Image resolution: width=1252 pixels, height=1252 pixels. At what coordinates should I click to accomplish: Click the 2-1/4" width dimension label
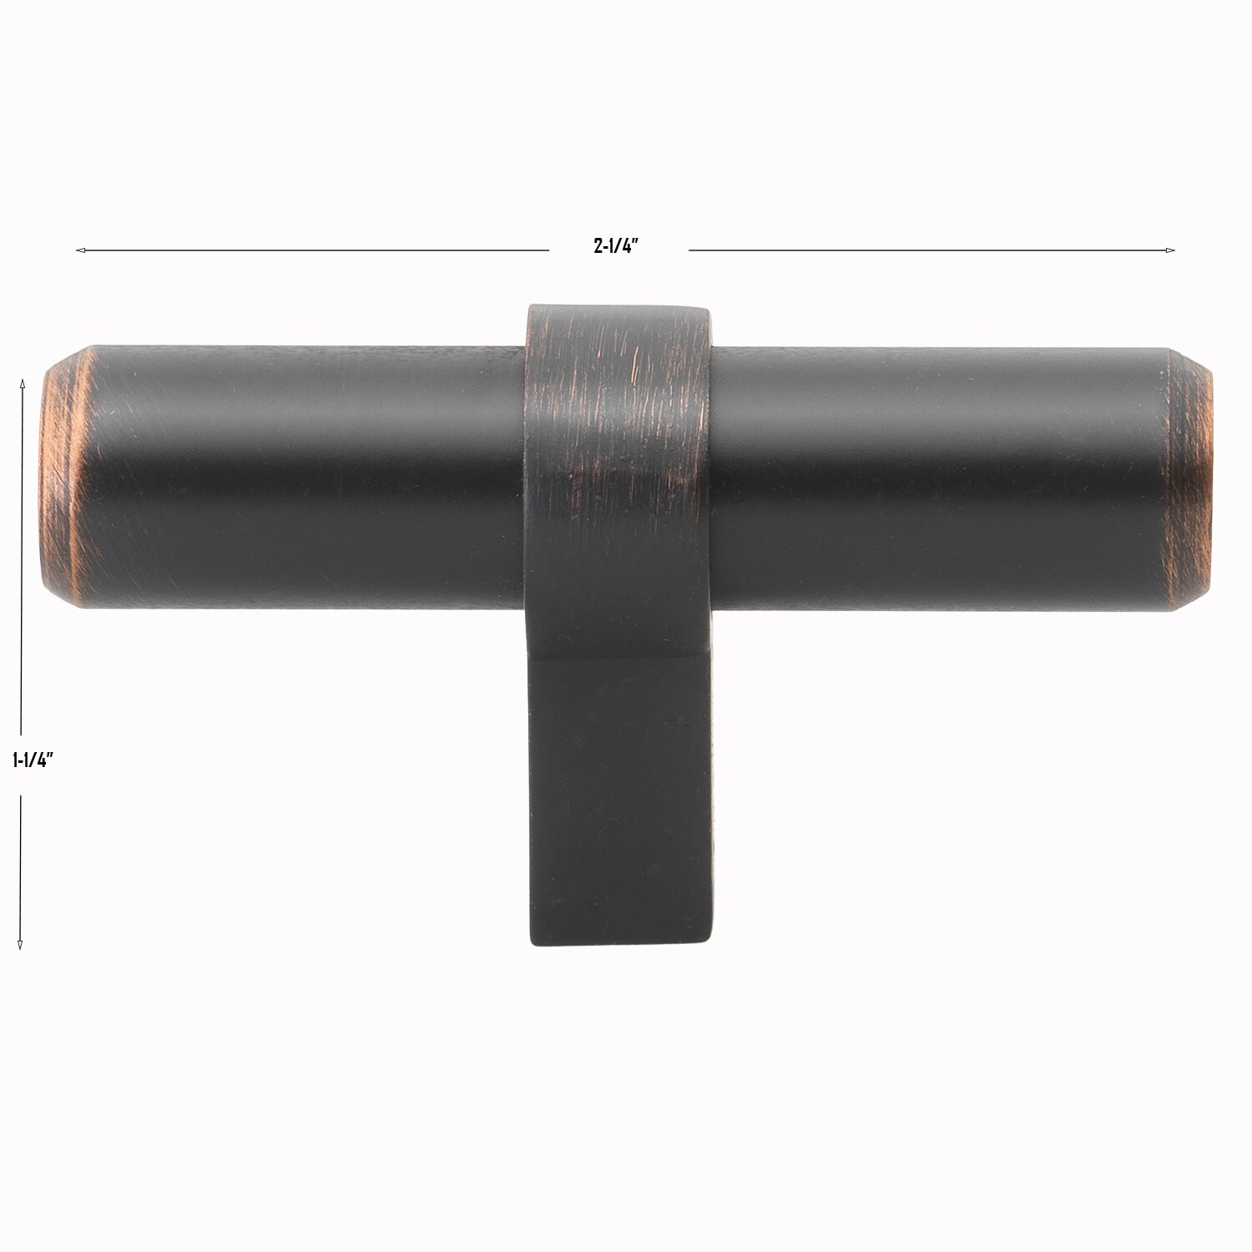[x=616, y=246]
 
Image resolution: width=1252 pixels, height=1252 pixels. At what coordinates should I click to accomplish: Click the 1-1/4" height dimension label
[x=33, y=760]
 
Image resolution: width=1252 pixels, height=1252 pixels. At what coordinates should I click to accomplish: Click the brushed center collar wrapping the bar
[x=618, y=467]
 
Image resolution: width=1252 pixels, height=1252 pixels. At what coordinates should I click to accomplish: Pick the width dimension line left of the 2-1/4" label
[x=317, y=250]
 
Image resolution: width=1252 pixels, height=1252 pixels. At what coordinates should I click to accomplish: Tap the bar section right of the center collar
[x=935, y=476]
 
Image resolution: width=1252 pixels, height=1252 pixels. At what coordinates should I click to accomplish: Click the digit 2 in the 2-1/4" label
[x=598, y=246]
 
